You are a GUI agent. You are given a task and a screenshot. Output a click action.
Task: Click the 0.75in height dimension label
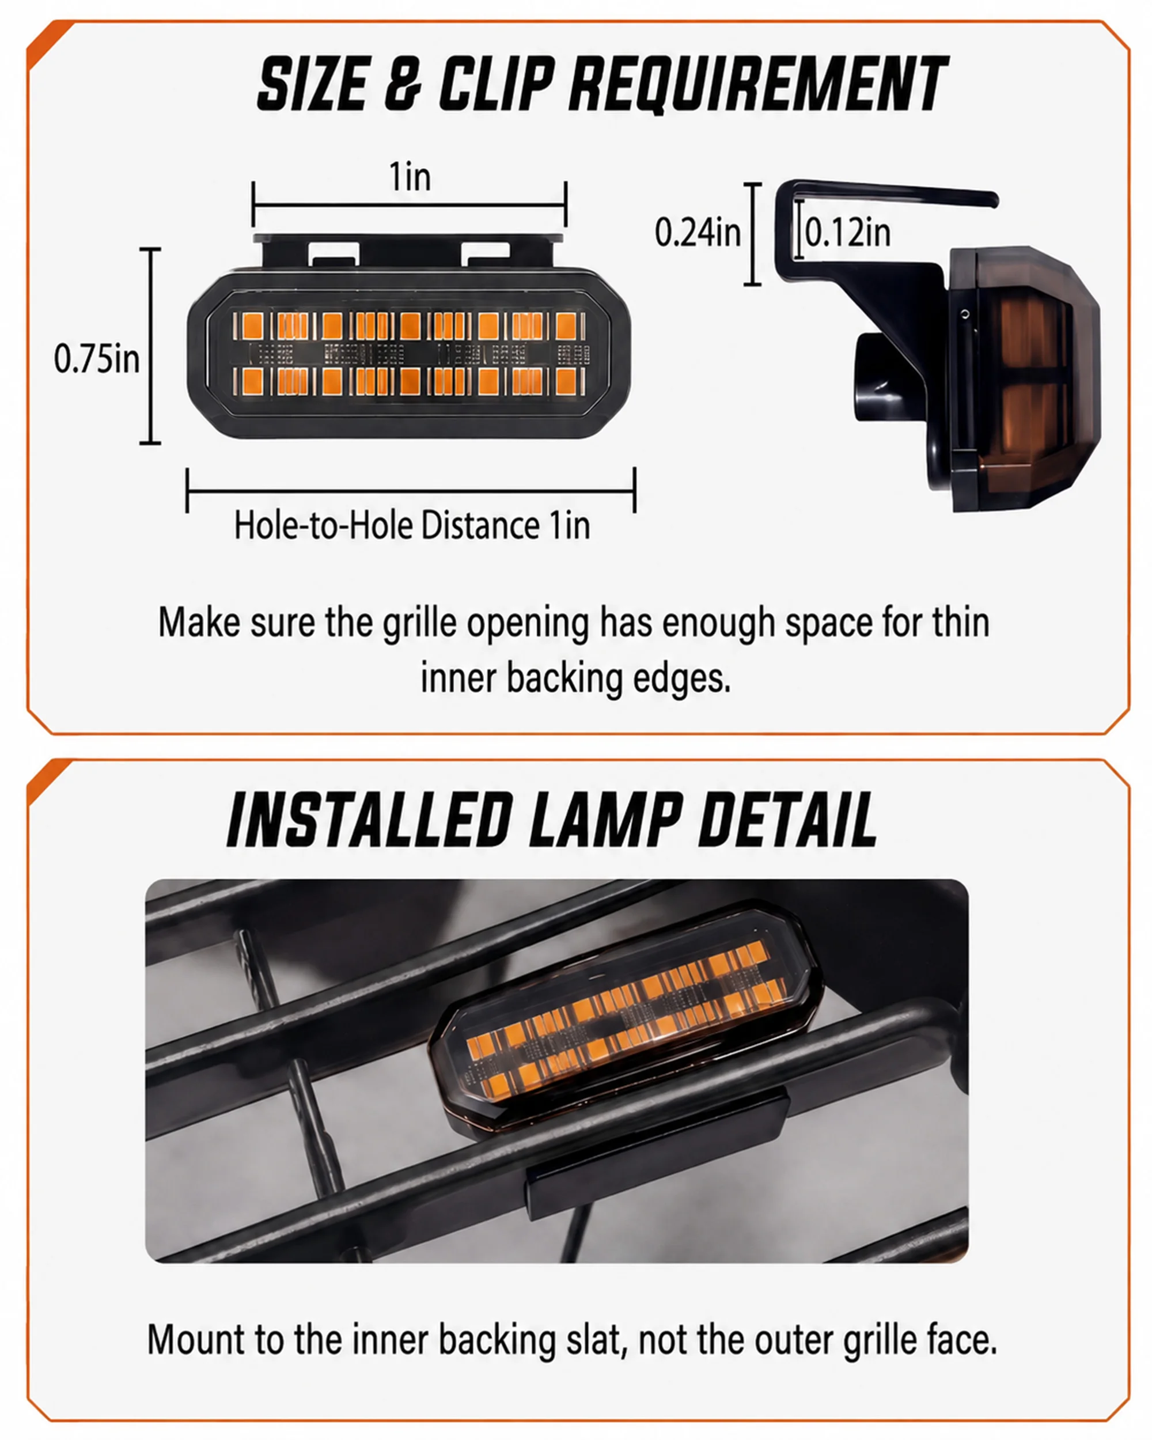pos(97,359)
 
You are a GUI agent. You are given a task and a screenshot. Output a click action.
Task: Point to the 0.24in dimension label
pos(698,233)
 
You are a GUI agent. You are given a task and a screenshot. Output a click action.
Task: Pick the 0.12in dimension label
pos(848,233)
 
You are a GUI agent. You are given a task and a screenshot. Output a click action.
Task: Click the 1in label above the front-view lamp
pos(410,177)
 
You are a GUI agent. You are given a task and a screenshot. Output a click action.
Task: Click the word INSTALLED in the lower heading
pos(369,819)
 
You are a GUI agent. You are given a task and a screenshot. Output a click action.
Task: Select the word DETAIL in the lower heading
pos(787,819)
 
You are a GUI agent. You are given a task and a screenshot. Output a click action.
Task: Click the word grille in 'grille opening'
pos(420,623)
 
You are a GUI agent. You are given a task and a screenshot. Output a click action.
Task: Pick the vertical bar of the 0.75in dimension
pos(151,346)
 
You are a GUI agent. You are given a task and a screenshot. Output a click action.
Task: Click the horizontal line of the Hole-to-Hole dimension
pos(411,491)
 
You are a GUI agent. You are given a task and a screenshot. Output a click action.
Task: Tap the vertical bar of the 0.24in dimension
pos(753,234)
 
